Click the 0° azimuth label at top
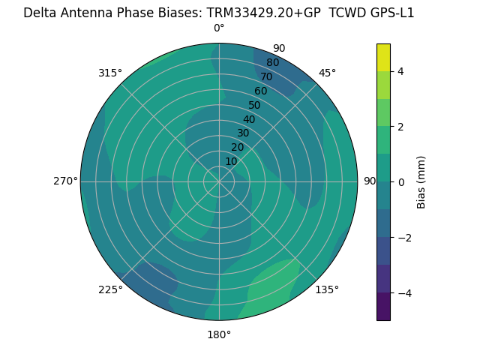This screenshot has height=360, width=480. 219,28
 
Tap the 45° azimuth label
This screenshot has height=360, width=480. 327,73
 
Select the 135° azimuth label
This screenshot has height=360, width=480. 327,289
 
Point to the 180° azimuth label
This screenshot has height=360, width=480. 219,334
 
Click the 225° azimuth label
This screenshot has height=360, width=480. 110,289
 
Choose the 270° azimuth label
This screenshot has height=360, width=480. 65,181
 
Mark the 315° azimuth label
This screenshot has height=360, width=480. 110,73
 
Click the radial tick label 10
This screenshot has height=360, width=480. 231,161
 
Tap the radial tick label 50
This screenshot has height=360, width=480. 254,105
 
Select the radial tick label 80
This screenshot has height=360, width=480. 272,63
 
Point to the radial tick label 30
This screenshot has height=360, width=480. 243,133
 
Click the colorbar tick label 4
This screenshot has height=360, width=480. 400,71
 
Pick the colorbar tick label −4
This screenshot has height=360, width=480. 403,292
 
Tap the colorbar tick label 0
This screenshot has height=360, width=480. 400,181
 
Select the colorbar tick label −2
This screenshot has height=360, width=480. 403,237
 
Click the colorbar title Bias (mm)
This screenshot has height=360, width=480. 421,181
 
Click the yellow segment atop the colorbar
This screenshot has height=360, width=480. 383,57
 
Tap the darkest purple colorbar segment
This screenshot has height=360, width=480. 383,306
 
